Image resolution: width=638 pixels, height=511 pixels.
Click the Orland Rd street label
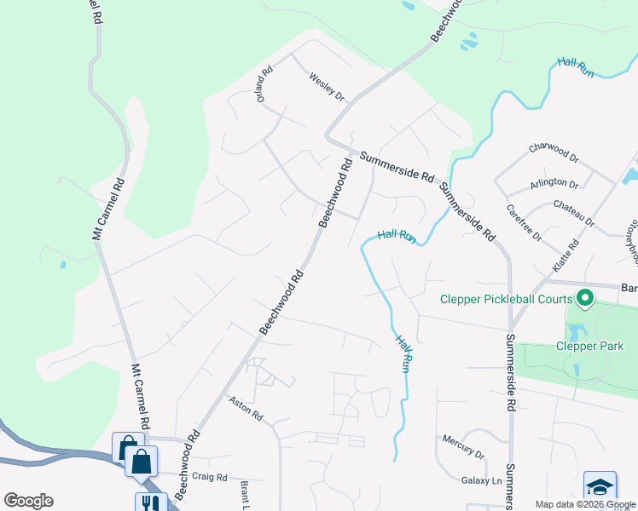(264, 85)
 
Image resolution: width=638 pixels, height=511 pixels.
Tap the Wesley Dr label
(326, 87)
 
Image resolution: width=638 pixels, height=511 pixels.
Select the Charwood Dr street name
(554, 152)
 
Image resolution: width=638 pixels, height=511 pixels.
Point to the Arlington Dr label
(554, 182)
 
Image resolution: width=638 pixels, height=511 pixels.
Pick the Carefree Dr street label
(524, 223)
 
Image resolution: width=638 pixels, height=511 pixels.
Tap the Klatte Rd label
(565, 255)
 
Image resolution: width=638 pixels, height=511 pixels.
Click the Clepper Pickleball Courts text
(507, 299)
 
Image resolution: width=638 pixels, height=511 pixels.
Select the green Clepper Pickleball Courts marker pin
(585, 299)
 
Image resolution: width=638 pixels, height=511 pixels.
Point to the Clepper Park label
(590, 346)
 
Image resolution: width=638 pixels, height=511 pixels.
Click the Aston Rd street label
(246, 411)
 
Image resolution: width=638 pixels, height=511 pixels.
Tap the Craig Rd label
(210, 477)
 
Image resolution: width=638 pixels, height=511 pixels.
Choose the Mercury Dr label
(463, 445)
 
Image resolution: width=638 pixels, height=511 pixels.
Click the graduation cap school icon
(600, 486)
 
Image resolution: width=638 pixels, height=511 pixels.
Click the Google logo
(28, 500)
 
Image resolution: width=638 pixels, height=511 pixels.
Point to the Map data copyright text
(585, 504)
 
